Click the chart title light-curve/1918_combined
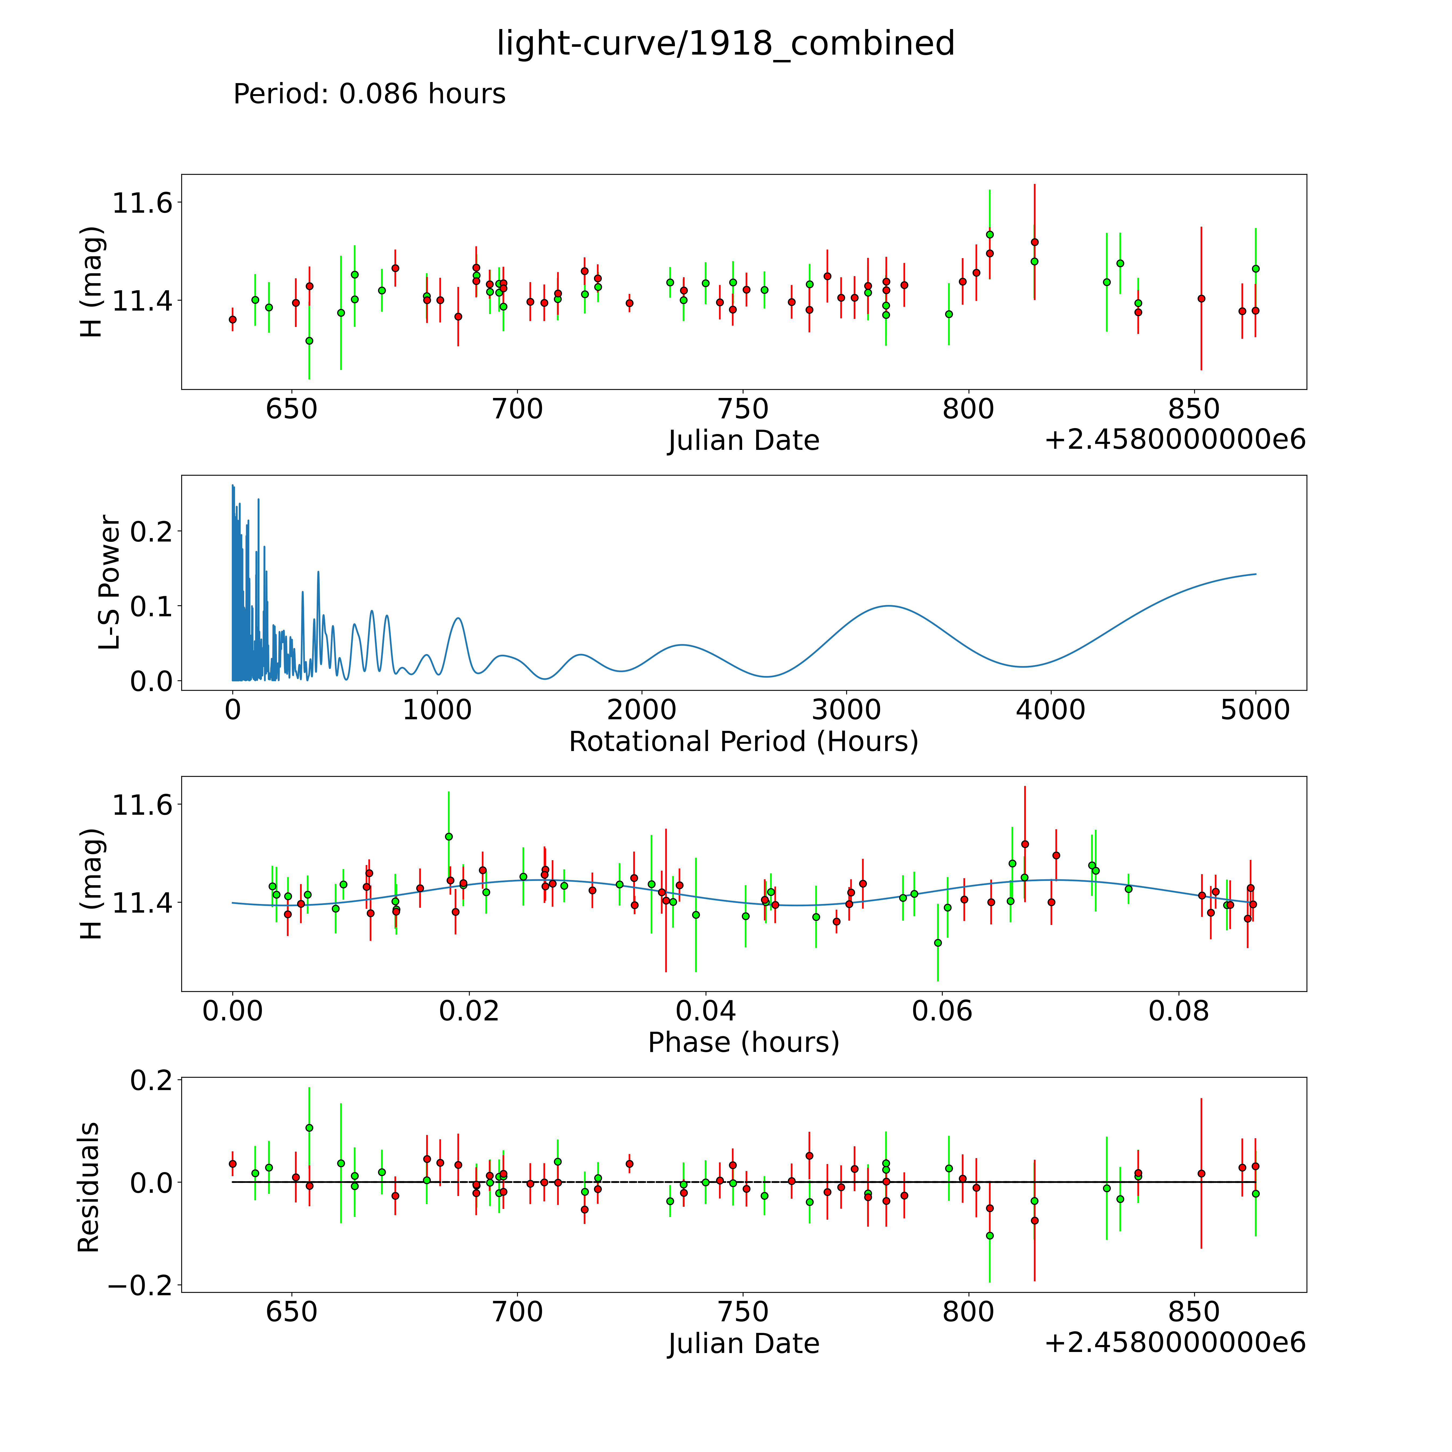(725, 44)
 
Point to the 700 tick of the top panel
(518, 410)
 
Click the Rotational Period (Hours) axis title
(743, 742)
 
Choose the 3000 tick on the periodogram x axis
(846, 710)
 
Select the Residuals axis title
(89, 1187)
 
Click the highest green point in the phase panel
(449, 837)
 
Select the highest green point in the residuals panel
(309, 1128)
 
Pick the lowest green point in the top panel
(309, 340)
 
